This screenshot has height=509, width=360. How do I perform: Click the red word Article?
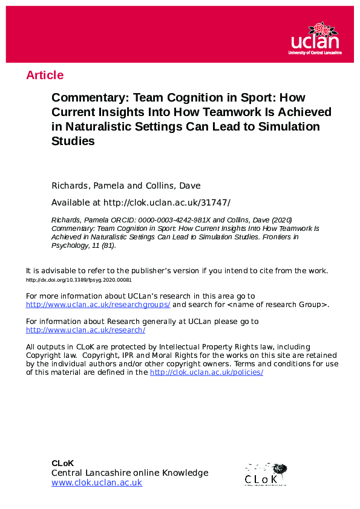tap(45, 75)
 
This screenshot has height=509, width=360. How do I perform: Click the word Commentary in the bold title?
tap(89, 98)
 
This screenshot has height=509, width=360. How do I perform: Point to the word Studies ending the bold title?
tap(73, 142)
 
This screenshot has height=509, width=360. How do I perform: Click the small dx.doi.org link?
tap(79, 280)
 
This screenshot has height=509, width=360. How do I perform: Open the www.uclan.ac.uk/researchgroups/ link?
tap(98, 305)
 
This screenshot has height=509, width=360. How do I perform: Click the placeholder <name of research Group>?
tap(277, 305)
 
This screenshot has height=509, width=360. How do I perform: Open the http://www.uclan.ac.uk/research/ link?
tap(85, 330)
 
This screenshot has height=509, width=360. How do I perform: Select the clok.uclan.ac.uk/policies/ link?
tap(206, 372)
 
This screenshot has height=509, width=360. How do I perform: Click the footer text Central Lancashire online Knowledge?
tap(129, 473)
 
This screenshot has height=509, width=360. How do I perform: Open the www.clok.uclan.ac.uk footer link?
tap(97, 482)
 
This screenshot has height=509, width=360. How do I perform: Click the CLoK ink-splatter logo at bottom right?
tap(266, 474)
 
